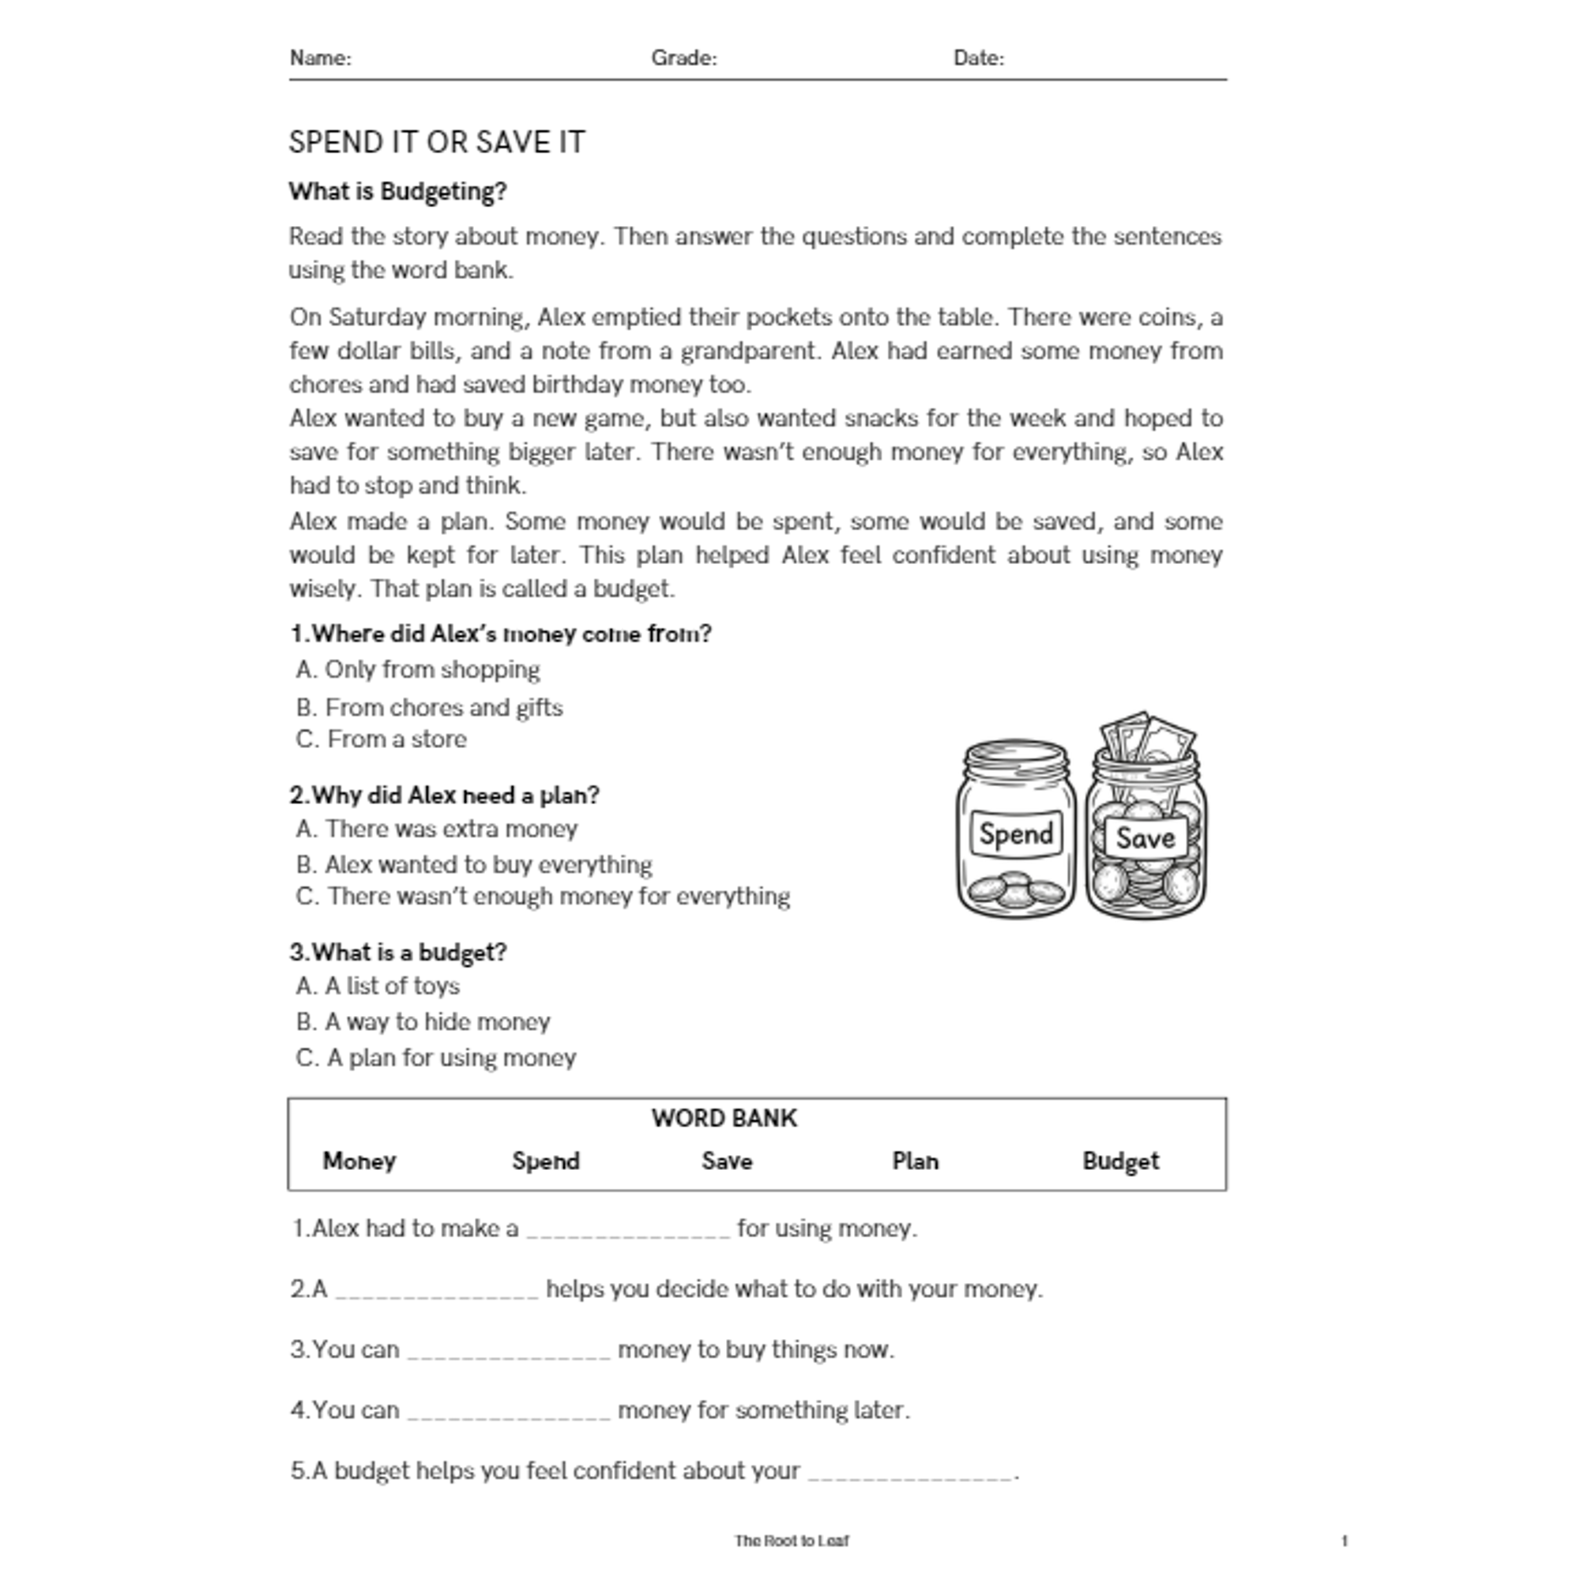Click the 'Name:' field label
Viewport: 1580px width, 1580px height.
(x=321, y=58)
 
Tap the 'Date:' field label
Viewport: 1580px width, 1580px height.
(x=978, y=58)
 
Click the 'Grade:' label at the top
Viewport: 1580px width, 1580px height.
(x=683, y=58)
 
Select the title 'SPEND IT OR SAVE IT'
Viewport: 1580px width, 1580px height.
(x=437, y=142)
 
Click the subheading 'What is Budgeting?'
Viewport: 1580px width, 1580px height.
(x=397, y=191)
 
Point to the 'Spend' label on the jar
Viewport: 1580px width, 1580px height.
(x=1016, y=834)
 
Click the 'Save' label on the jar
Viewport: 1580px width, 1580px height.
(x=1144, y=837)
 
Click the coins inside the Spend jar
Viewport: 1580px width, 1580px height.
(x=1016, y=890)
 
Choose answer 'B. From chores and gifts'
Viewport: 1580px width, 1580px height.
(x=429, y=707)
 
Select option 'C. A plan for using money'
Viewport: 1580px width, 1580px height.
(x=436, y=1058)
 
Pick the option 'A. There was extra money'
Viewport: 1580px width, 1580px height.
(x=437, y=829)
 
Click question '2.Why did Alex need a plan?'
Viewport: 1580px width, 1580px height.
(x=444, y=795)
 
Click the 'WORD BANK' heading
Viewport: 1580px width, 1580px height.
(x=724, y=1118)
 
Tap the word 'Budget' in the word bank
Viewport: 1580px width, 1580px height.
(x=1119, y=1161)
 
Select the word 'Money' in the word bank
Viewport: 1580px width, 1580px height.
(x=359, y=1161)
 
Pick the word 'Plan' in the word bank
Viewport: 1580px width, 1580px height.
(x=914, y=1161)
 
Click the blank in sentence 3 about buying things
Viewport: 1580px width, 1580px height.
(x=509, y=1350)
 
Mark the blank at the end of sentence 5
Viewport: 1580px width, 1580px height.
(x=910, y=1471)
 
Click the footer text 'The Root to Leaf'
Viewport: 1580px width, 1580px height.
(x=791, y=1540)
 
